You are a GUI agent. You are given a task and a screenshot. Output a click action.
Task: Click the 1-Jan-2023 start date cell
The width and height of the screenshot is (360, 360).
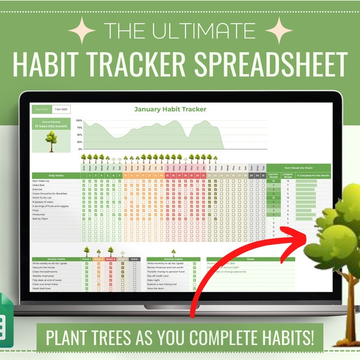[x=61, y=109]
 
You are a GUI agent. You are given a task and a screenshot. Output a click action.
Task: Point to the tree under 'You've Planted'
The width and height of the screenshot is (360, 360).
[x=51, y=139]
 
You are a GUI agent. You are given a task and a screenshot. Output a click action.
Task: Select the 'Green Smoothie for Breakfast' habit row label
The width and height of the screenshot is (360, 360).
[x=50, y=194]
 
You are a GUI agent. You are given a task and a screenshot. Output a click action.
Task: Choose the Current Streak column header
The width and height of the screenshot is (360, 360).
[x=274, y=175]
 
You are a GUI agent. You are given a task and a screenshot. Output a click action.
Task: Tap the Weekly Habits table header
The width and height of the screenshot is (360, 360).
[x=47, y=259]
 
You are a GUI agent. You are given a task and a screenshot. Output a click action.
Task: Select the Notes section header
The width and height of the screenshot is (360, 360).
[x=250, y=259]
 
